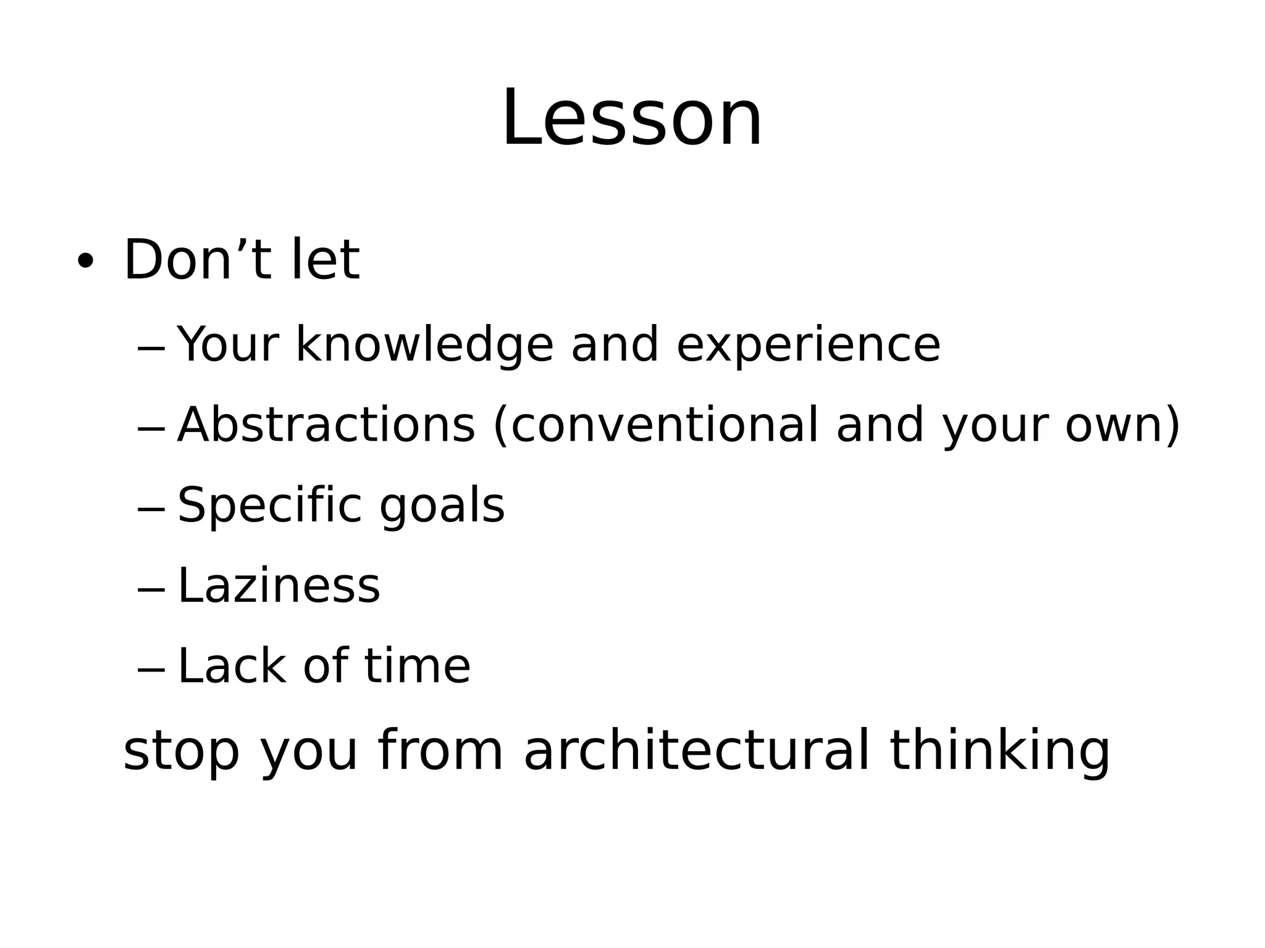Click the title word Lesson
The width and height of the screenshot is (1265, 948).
click(x=632, y=118)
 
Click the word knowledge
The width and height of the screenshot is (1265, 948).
click(x=424, y=345)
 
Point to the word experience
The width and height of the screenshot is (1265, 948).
click(x=808, y=345)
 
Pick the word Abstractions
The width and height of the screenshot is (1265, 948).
click(x=326, y=425)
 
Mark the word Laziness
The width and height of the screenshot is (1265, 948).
click(x=279, y=586)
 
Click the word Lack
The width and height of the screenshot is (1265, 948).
click(x=232, y=666)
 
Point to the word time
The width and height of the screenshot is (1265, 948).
click(x=417, y=666)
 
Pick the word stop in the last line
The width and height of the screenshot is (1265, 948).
click(x=181, y=751)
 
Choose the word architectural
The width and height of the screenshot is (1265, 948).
click(x=696, y=750)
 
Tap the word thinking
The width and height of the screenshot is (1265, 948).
click(x=999, y=751)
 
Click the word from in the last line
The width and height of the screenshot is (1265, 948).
click(x=440, y=750)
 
